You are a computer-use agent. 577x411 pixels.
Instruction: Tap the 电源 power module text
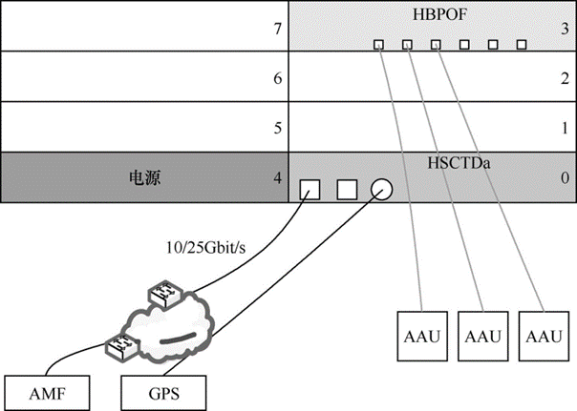tap(142, 178)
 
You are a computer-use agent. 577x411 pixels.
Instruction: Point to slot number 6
tap(277, 80)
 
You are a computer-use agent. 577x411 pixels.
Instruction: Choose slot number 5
tap(277, 128)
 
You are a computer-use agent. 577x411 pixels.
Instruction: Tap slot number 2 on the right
tap(566, 80)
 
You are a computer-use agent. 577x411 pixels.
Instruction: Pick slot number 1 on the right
tap(566, 128)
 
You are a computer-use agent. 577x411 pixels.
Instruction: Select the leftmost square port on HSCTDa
tap(310, 188)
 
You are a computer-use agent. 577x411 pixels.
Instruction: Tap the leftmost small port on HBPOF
tap(378, 44)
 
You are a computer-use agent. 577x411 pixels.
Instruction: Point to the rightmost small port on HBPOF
tap(522, 44)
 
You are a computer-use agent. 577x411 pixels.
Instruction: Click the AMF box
tap(48, 390)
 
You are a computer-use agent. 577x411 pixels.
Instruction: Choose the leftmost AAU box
tap(417, 336)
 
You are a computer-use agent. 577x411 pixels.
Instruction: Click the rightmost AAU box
tap(542, 336)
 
